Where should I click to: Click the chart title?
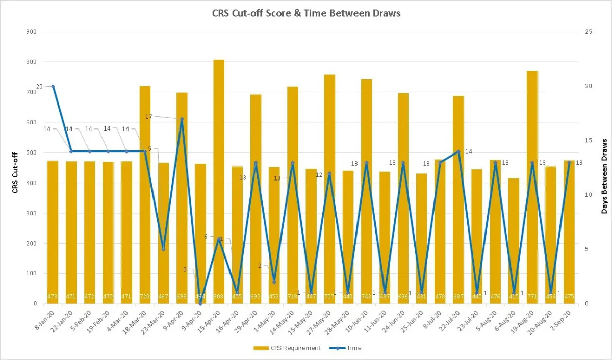point(306,13)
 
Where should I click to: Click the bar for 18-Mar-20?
point(145,194)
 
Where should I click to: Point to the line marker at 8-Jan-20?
point(53,86)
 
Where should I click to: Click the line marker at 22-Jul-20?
point(458,151)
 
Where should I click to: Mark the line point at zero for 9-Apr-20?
point(200,303)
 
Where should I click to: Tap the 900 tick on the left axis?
point(33,32)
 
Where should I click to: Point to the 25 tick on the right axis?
point(589,32)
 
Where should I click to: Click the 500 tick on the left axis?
point(33,152)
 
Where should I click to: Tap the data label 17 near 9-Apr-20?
point(148,117)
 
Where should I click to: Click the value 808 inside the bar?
point(219,296)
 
